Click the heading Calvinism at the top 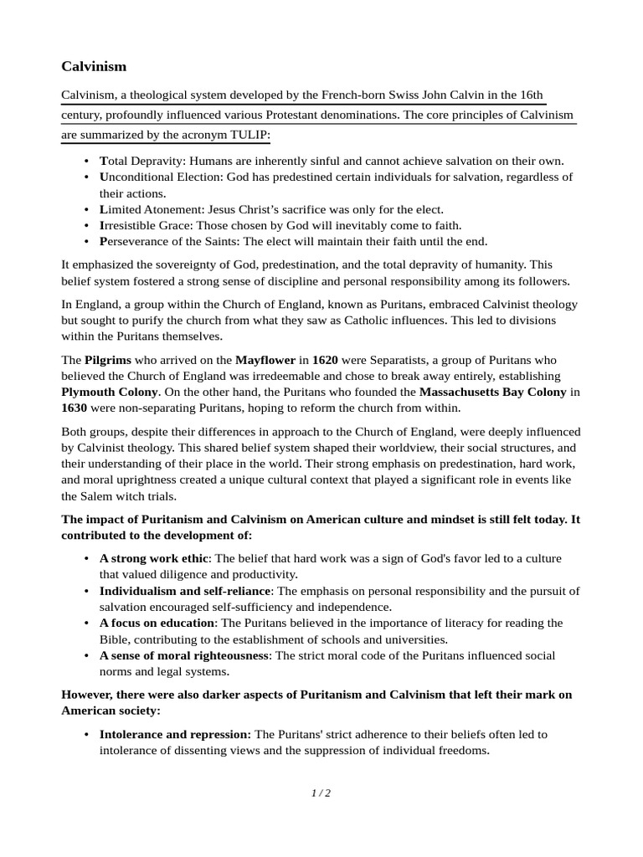(x=94, y=66)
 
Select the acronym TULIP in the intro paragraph (x=252, y=135)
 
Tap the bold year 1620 (x=326, y=360)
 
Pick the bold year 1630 (x=75, y=408)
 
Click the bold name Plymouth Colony (x=110, y=392)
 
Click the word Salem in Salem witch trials (x=79, y=495)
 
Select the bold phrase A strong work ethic (x=153, y=558)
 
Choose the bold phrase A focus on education (x=157, y=623)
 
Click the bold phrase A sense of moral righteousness (x=185, y=655)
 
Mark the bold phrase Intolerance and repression (x=175, y=734)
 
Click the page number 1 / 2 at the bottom (x=321, y=793)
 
